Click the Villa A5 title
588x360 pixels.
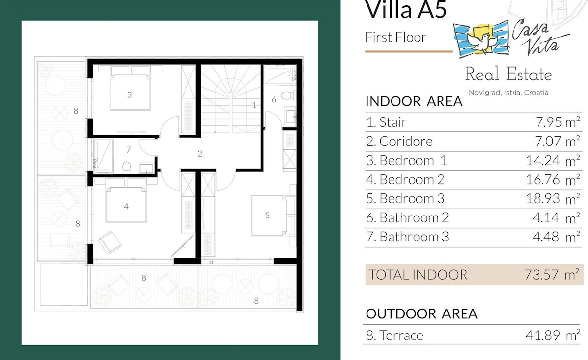click(406, 9)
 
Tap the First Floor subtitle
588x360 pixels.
click(395, 37)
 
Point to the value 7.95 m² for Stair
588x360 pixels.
click(558, 122)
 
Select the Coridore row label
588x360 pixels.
click(399, 142)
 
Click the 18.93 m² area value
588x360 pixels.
click(553, 199)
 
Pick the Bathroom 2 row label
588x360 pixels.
click(407, 218)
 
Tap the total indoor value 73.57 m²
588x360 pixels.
click(552, 275)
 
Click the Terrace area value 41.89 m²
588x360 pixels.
click(553, 335)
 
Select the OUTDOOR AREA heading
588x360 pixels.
click(421, 314)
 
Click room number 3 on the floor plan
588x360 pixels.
click(130, 95)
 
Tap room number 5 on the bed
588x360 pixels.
click(267, 216)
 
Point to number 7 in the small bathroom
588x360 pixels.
click(128, 150)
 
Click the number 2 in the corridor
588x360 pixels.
click(200, 154)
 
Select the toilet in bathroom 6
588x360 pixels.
click(288, 95)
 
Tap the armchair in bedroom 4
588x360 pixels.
click(110, 242)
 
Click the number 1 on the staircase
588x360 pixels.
click(254, 105)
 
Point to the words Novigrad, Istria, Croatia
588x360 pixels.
click(509, 93)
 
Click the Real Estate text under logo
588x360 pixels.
click(509, 74)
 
